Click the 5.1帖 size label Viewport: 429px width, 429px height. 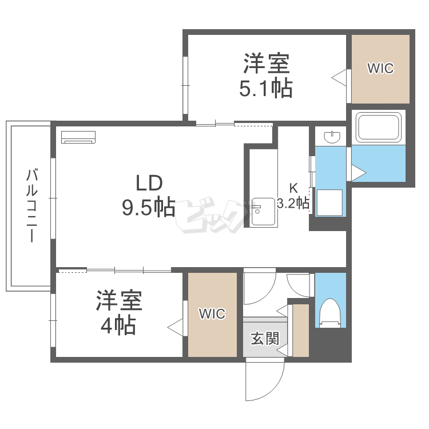click(x=266, y=89)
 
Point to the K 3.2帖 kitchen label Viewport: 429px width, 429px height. click(x=293, y=196)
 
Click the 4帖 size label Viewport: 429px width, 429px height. click(x=118, y=325)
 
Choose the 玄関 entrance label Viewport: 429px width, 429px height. click(x=264, y=338)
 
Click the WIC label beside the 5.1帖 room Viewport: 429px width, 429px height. click(x=380, y=69)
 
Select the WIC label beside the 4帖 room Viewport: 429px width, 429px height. click(x=212, y=313)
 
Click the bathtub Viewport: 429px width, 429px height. click(x=379, y=127)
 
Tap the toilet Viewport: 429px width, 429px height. click(x=331, y=313)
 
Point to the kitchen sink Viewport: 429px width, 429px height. click(x=263, y=212)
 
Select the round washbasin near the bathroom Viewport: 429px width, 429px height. click(x=332, y=137)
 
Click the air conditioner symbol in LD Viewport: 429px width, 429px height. click(x=79, y=137)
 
